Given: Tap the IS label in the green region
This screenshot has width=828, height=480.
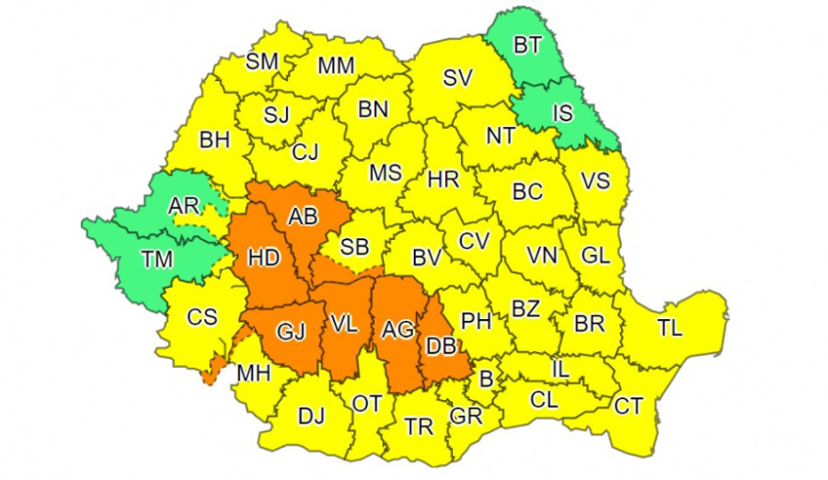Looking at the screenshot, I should (x=563, y=114).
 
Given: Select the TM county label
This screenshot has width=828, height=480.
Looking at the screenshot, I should (x=157, y=261).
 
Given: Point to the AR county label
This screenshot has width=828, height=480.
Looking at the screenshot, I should (x=183, y=206).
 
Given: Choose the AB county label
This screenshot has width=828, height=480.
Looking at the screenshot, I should (x=303, y=216).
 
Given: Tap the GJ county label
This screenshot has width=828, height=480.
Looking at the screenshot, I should (x=290, y=330).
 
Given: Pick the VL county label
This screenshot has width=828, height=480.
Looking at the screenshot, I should (x=343, y=325).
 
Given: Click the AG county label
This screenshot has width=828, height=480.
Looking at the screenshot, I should (x=397, y=329).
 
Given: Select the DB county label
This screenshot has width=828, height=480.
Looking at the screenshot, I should (x=441, y=346).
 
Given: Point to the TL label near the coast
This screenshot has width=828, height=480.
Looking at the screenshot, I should (x=670, y=329).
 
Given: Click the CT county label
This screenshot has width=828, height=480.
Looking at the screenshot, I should (x=629, y=407).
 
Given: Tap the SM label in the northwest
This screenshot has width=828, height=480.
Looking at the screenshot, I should (x=262, y=62).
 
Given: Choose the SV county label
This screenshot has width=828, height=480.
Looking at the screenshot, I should (x=457, y=79).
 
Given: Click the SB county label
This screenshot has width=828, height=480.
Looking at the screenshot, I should (x=354, y=248).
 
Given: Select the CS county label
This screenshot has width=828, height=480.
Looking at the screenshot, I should (x=201, y=317).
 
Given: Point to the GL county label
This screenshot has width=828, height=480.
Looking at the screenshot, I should (x=595, y=254).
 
